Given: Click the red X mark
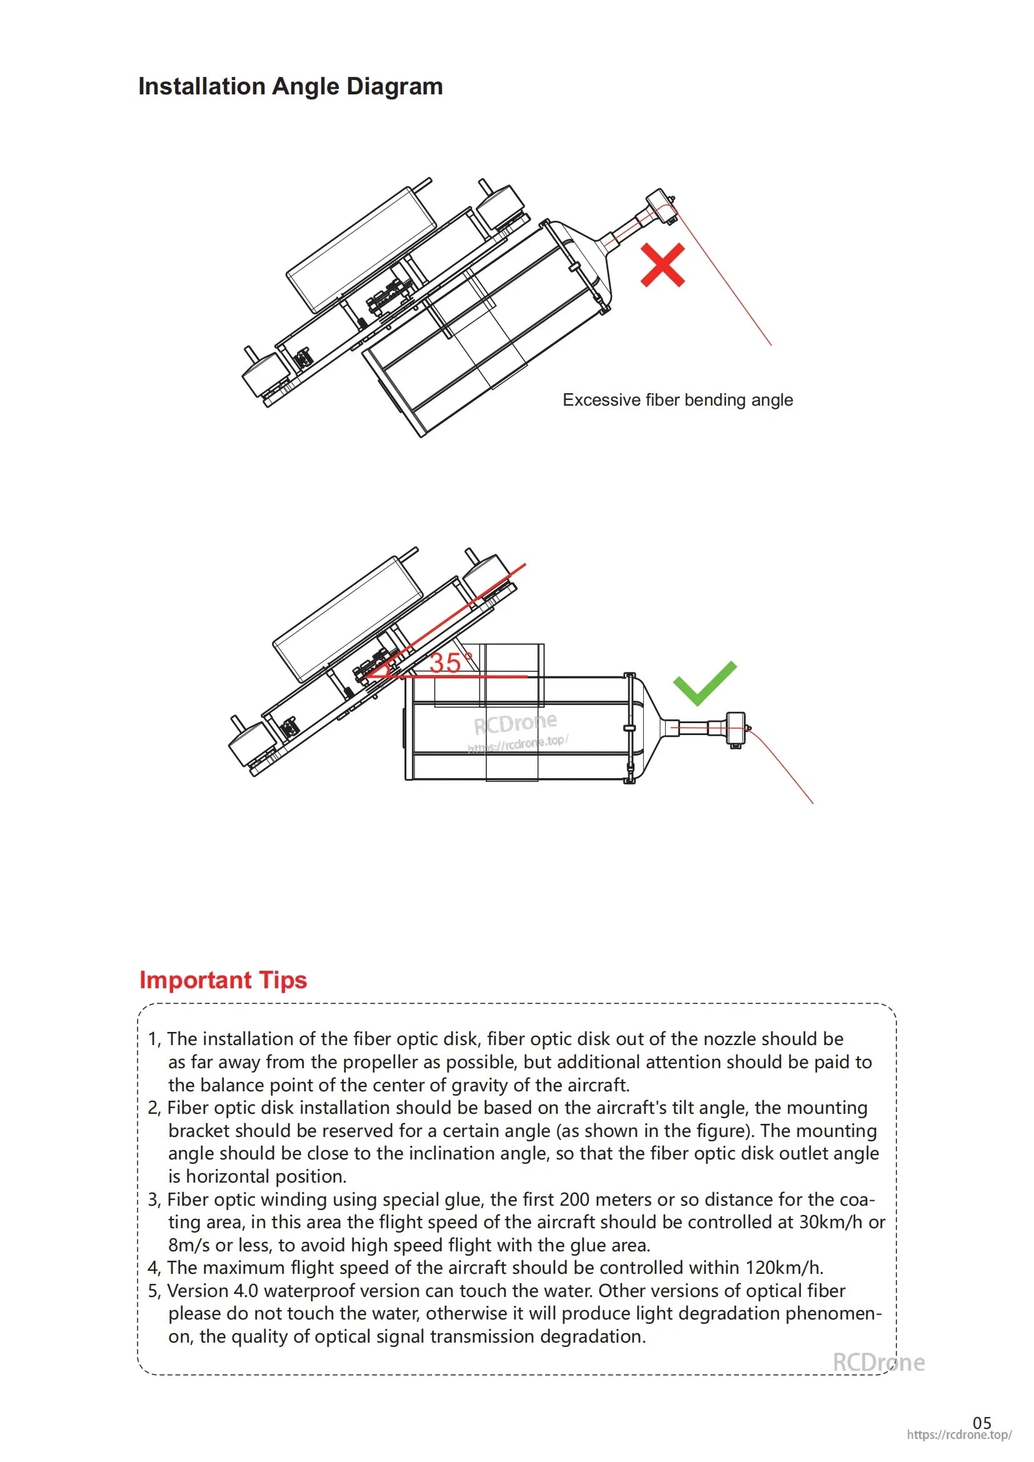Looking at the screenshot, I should (x=662, y=265).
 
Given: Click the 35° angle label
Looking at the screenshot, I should (x=450, y=663).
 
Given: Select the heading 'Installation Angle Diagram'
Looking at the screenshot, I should (x=290, y=87).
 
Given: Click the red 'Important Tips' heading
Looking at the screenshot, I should (x=223, y=980).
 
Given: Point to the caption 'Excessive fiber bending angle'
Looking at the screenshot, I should (x=678, y=400).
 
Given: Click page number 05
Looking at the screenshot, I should (x=981, y=1423).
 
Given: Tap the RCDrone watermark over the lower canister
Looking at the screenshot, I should (x=515, y=723).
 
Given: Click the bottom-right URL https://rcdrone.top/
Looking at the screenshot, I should (x=959, y=1435).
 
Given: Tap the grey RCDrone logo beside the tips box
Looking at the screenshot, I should (x=878, y=1362).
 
